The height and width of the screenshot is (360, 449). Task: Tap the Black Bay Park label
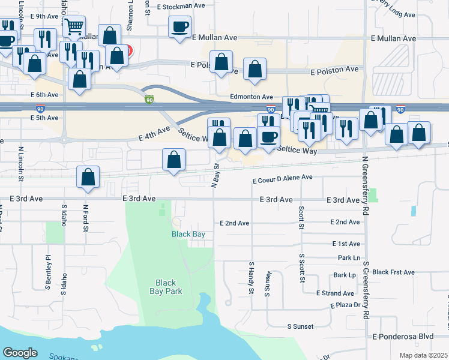(x=166, y=287)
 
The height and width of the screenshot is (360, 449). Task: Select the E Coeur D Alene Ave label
(x=283, y=178)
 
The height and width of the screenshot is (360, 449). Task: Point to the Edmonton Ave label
(x=252, y=96)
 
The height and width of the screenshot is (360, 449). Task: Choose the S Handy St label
(x=252, y=278)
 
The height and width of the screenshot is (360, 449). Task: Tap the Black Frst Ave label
(x=393, y=272)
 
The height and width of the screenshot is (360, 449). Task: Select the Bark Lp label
(x=345, y=275)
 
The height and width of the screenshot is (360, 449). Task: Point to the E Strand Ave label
(x=336, y=293)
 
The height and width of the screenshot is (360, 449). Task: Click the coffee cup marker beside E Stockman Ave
(x=179, y=26)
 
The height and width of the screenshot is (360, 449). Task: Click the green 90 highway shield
(x=149, y=99)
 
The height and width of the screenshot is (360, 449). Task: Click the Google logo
(x=20, y=352)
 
